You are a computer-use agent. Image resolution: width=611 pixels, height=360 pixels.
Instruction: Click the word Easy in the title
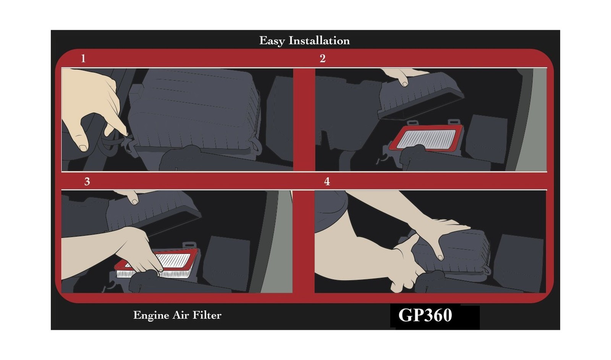coord(272,41)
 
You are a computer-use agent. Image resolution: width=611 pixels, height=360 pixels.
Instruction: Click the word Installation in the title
coord(319,40)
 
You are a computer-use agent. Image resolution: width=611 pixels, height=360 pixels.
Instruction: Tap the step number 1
coord(83,58)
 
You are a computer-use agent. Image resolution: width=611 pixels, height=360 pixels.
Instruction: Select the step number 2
coord(323,58)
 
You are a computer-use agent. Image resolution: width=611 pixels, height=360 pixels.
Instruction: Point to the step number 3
coord(87,181)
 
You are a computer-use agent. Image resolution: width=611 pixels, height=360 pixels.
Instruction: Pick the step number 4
coord(327,181)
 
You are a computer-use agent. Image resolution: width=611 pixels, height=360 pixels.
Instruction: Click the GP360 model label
coord(425,315)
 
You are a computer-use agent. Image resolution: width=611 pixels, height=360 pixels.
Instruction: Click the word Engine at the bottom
coord(151,316)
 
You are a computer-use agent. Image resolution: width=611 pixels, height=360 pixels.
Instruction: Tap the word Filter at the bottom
coord(207,315)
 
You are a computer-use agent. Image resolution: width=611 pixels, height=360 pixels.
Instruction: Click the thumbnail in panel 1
coord(83,148)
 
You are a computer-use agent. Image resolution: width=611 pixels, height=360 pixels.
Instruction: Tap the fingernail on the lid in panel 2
coord(405,84)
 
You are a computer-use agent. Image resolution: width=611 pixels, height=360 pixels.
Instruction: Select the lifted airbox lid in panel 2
coord(420,95)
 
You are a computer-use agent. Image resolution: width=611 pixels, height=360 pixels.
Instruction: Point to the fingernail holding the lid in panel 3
coord(135,202)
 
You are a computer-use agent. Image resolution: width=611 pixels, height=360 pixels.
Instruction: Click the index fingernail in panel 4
coord(440,257)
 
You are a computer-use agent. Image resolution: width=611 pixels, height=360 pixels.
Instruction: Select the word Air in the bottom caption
coord(181,315)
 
